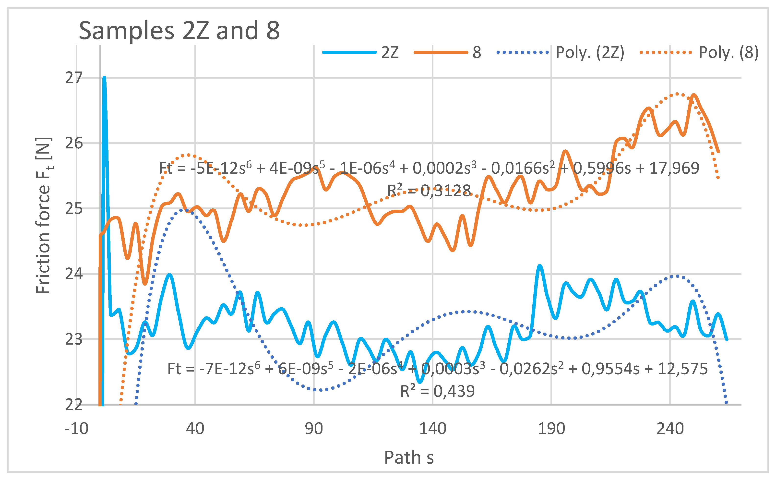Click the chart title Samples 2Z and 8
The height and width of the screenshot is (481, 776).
[179, 31]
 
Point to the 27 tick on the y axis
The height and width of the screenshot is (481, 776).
[74, 78]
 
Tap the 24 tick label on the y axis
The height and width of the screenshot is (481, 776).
[74, 274]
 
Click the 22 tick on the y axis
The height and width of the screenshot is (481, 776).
[74, 405]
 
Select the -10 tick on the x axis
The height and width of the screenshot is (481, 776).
[76, 429]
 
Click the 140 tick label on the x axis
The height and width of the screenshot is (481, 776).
[432, 429]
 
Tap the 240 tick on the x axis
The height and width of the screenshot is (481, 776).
[670, 429]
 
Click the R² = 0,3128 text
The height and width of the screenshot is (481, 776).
[429, 191]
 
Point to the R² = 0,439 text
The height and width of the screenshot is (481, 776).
[437, 391]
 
